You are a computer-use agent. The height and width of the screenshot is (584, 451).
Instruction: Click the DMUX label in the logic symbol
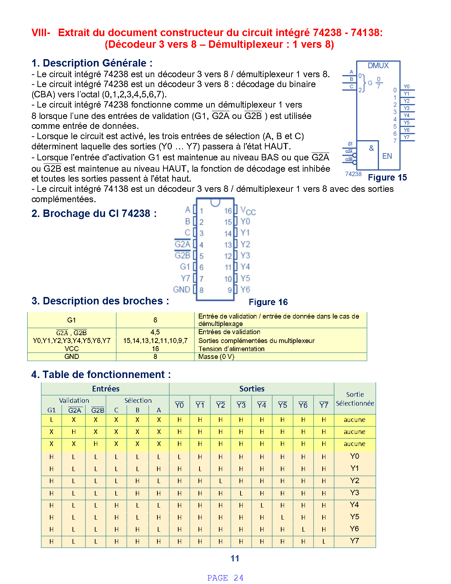click(x=378, y=65)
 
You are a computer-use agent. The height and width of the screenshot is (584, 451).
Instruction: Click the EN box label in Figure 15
click(x=387, y=156)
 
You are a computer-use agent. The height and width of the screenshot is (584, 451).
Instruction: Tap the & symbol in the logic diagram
click(x=371, y=148)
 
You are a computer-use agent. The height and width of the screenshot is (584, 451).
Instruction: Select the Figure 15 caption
click(x=387, y=178)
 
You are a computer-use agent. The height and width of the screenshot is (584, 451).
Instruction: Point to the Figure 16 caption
click(x=268, y=302)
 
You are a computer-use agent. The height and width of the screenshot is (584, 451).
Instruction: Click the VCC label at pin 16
click(x=248, y=211)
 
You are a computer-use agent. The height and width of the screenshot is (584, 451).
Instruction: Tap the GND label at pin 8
click(x=181, y=290)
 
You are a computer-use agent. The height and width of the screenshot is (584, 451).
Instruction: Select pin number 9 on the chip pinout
click(x=230, y=290)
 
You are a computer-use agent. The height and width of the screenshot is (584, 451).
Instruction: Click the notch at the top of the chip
click(x=215, y=202)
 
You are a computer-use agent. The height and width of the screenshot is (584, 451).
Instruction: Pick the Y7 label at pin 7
click(x=185, y=278)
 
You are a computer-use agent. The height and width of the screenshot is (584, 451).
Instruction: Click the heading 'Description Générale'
click(x=92, y=63)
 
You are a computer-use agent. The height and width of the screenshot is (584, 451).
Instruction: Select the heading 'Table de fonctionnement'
click(x=101, y=374)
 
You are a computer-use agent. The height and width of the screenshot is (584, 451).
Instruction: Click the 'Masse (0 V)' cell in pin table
click(x=216, y=357)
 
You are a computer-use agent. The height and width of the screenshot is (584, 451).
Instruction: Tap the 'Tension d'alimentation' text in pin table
click(x=231, y=349)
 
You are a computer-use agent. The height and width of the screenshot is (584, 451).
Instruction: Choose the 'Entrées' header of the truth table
click(x=105, y=389)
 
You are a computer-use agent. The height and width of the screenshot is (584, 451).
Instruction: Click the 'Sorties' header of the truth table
click(x=251, y=389)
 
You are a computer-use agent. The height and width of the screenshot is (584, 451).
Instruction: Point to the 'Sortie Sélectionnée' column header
click(x=355, y=399)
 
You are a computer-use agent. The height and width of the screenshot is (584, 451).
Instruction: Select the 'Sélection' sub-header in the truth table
click(x=138, y=400)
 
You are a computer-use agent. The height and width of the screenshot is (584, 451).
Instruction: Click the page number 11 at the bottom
click(x=235, y=559)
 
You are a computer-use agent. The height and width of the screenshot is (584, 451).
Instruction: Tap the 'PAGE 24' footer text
click(x=225, y=578)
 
